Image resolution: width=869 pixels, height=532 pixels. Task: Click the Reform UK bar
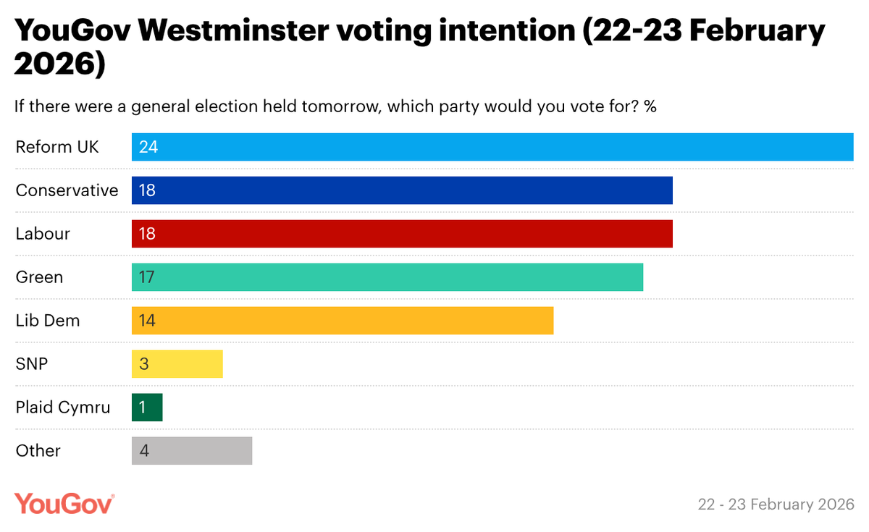(492, 147)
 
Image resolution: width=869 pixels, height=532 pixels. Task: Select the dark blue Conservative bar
(402, 190)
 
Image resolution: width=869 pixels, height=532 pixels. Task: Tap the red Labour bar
(402, 234)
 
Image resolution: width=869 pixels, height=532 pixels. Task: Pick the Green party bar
(387, 277)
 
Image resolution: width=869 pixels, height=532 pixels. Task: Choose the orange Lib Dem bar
(343, 321)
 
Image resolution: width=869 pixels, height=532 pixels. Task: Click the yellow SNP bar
(177, 364)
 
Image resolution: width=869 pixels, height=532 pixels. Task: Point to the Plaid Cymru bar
(147, 408)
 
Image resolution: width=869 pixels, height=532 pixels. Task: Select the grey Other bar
(192, 451)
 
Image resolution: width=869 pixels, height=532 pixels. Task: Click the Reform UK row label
(57, 147)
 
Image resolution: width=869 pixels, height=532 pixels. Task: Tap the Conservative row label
(67, 190)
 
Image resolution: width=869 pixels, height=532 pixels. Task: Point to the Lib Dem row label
(48, 321)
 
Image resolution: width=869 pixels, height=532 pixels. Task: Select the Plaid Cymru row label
(63, 408)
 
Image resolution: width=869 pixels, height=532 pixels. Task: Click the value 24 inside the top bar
(148, 147)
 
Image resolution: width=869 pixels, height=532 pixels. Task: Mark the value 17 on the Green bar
(148, 277)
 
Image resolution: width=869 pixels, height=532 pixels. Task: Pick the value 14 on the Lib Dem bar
(148, 321)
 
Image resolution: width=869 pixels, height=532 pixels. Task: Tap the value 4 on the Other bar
(144, 451)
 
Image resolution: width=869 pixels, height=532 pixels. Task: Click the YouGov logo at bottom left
(64, 503)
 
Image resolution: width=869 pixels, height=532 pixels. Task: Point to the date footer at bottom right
(776, 504)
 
